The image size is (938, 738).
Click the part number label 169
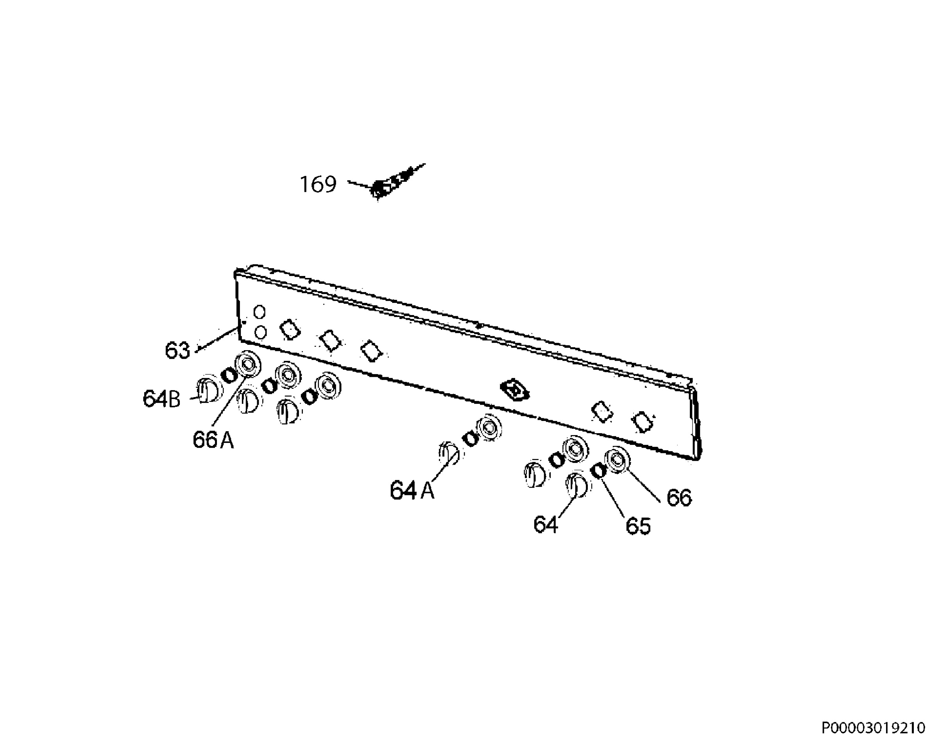(x=318, y=184)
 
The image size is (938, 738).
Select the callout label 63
(x=177, y=350)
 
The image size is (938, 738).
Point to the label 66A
(x=213, y=440)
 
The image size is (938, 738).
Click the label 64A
(x=412, y=491)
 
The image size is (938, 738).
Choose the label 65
(x=638, y=526)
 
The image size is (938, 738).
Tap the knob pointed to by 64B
(x=206, y=389)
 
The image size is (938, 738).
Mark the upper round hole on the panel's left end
(x=259, y=312)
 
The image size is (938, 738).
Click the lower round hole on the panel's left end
(x=260, y=333)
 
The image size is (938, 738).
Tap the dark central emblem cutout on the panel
(x=515, y=390)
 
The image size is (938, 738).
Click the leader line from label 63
(x=217, y=340)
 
